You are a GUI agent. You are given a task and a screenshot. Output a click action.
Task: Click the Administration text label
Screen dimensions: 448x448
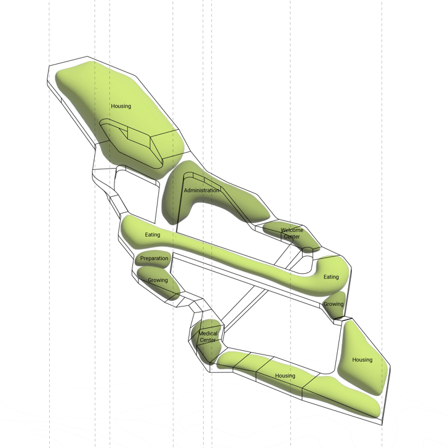(202, 190)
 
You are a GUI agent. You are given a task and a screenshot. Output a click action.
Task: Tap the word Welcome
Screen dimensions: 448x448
(292, 230)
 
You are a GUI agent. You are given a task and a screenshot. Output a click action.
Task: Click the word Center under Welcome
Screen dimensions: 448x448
(292, 236)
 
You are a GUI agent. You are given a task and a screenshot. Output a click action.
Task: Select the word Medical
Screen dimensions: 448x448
(208, 334)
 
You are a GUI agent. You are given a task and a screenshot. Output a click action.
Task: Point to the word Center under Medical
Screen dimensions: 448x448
(208, 340)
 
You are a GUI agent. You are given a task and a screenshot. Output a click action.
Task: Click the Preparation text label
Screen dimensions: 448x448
(154, 258)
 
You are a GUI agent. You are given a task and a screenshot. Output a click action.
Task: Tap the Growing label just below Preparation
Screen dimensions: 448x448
(158, 280)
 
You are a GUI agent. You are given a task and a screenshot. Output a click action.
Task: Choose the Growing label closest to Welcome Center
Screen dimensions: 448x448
(334, 304)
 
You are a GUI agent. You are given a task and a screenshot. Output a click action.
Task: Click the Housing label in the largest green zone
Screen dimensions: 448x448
(121, 106)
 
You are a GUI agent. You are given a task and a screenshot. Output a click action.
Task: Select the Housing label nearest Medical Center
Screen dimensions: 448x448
(285, 376)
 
